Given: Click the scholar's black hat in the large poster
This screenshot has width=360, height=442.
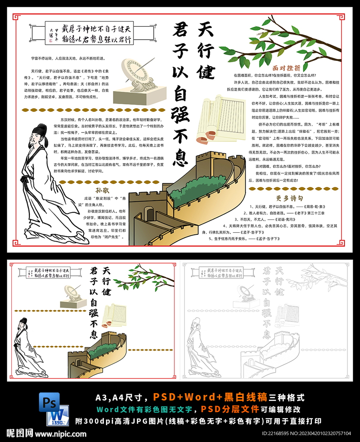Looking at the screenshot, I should click(x=41, y=129).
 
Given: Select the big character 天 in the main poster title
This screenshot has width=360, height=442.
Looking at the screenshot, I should click(x=206, y=29).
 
